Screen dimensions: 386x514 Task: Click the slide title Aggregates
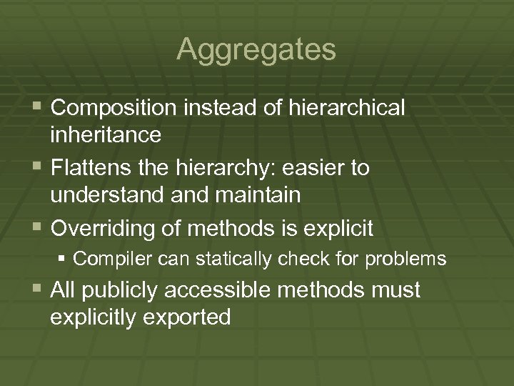coord(256,49)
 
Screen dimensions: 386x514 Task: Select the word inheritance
coord(106,134)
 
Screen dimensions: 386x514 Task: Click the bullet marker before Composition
coord(36,108)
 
